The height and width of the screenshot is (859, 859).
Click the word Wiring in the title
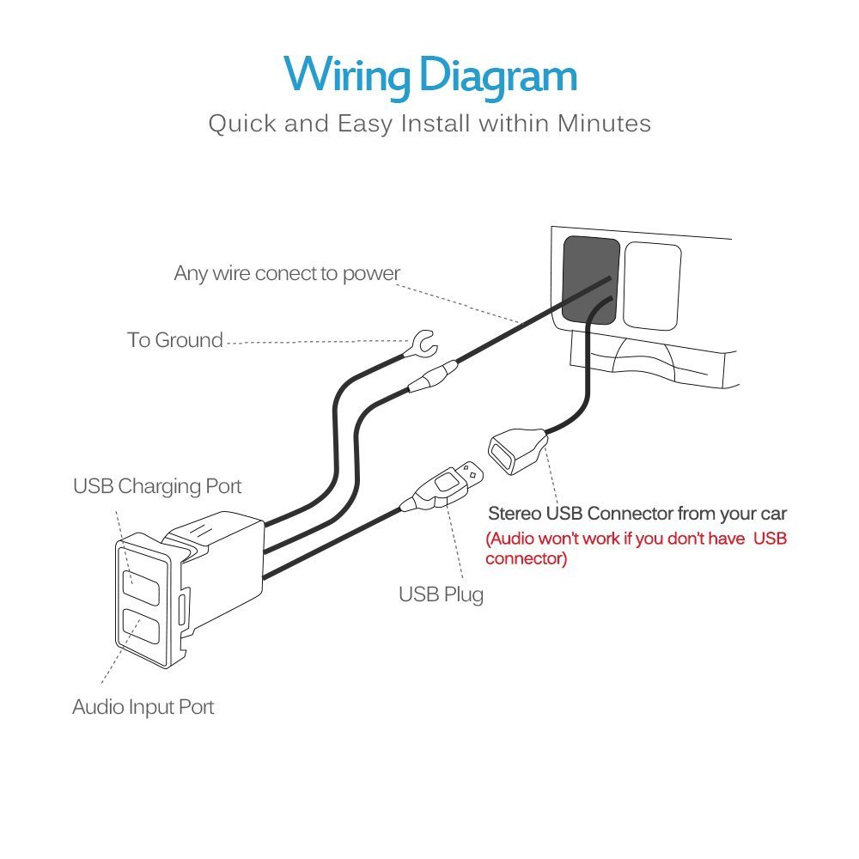347,76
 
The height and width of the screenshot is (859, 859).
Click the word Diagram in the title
498,76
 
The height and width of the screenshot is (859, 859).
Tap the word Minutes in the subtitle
604,123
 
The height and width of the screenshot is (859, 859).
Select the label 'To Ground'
174,340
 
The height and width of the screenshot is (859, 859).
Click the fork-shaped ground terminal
423,344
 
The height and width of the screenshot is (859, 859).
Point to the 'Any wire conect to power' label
287,273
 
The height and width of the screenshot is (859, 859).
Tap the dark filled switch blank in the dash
591,281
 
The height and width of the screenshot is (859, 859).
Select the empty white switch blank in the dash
652,287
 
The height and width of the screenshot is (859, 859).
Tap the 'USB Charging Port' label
157,486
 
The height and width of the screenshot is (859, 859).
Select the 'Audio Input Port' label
143,707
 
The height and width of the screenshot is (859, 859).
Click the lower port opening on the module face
141,626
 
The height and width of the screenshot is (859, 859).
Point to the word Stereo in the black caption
515,514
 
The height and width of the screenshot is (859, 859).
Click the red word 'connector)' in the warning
526,559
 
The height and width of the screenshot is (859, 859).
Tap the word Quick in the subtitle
242,124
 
